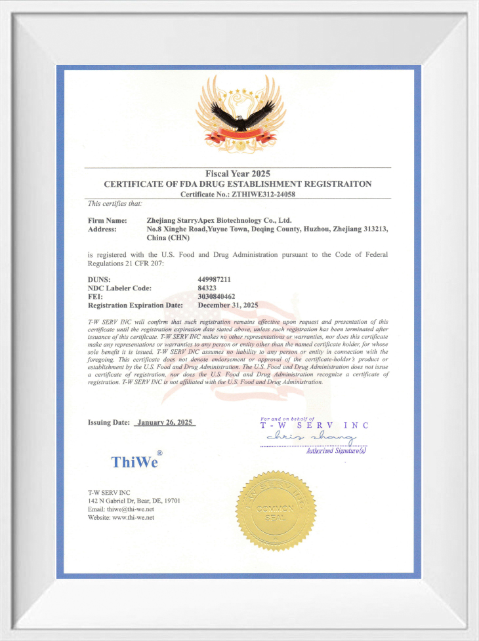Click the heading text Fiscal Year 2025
coord(238,174)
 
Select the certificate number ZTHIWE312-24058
coord(259,194)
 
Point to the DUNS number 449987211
coord(214,279)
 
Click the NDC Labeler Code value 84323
coord(207,288)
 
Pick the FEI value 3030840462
coord(217,297)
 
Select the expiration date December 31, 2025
coord(228,305)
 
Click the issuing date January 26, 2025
coord(165,423)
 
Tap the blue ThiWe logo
coord(135,461)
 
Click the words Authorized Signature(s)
coord(336,450)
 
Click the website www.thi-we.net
coord(133,518)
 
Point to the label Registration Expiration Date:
coord(135,305)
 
